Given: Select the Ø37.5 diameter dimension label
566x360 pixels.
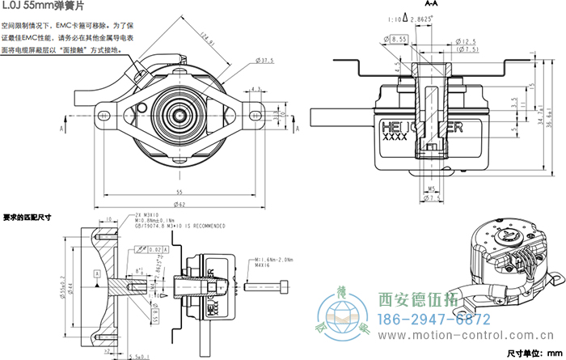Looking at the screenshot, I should point(265,60).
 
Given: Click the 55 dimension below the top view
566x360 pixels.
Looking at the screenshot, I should point(178,191).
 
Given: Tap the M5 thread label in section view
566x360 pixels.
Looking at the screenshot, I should point(433,189).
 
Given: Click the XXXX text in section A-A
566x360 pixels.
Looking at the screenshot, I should point(392,138).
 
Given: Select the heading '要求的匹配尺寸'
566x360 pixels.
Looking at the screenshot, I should point(27,218).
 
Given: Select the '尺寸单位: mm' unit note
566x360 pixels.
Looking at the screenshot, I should point(533,353).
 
